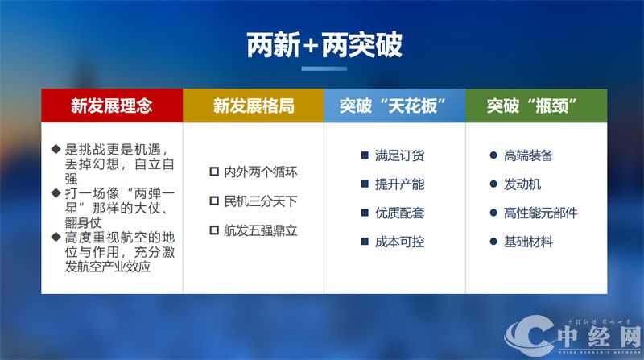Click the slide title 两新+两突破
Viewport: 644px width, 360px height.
[x=324, y=46]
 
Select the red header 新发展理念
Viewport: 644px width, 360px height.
[x=112, y=106]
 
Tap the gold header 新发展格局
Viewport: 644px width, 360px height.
[x=253, y=106]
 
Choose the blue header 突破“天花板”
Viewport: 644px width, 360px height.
[x=394, y=106]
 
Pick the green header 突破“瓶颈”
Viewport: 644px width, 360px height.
[x=535, y=106]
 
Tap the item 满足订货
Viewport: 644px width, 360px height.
[x=399, y=155]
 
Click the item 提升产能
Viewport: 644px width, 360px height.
[x=399, y=184]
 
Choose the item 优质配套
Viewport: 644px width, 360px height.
[x=399, y=213]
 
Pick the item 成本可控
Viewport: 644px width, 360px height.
[x=399, y=242]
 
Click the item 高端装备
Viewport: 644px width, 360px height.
[x=528, y=155]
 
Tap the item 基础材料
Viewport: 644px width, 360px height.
[x=528, y=242]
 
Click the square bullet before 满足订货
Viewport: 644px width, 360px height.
[x=365, y=155]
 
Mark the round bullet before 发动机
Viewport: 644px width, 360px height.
[x=493, y=184]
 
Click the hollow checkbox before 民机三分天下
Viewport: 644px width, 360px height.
[x=214, y=201]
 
